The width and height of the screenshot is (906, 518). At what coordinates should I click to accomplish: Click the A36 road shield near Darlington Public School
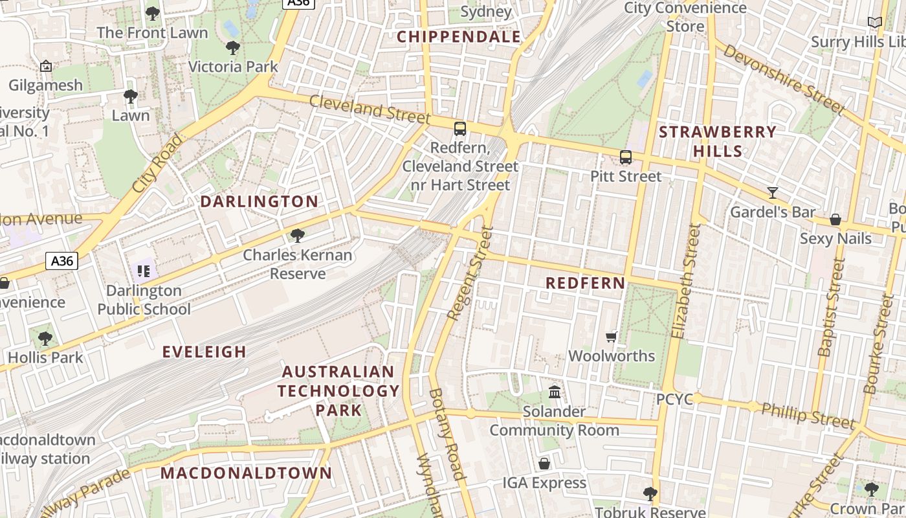(x=62, y=261)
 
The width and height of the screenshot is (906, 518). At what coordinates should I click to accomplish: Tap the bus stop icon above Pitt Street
(x=625, y=157)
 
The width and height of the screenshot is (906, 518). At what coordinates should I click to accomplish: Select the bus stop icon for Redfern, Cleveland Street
(x=460, y=128)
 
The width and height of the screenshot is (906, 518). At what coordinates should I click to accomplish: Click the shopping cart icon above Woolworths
(x=611, y=337)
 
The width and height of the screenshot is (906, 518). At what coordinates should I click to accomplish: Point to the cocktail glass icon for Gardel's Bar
(x=773, y=192)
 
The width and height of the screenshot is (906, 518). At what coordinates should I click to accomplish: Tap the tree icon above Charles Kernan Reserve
(x=298, y=236)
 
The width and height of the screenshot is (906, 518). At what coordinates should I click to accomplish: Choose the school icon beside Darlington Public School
(x=144, y=271)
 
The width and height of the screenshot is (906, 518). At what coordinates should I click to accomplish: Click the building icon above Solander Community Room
(x=555, y=392)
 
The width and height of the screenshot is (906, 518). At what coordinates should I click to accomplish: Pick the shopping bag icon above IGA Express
(x=544, y=464)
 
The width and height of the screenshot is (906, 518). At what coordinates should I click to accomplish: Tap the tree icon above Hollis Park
(x=45, y=338)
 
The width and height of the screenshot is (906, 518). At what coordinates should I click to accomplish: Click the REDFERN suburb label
(x=585, y=283)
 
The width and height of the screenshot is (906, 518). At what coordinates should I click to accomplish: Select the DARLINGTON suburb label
(x=259, y=201)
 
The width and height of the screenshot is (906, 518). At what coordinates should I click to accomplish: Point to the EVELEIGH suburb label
(x=204, y=352)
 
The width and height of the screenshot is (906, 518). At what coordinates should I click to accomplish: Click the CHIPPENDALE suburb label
(x=458, y=37)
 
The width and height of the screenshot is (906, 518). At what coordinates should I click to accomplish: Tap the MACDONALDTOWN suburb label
(x=246, y=473)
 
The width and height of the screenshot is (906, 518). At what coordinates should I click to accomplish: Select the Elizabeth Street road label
(x=687, y=281)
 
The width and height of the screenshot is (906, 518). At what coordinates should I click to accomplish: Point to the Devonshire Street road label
(x=784, y=79)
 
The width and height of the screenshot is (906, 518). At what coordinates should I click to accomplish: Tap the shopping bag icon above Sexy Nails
(x=835, y=220)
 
